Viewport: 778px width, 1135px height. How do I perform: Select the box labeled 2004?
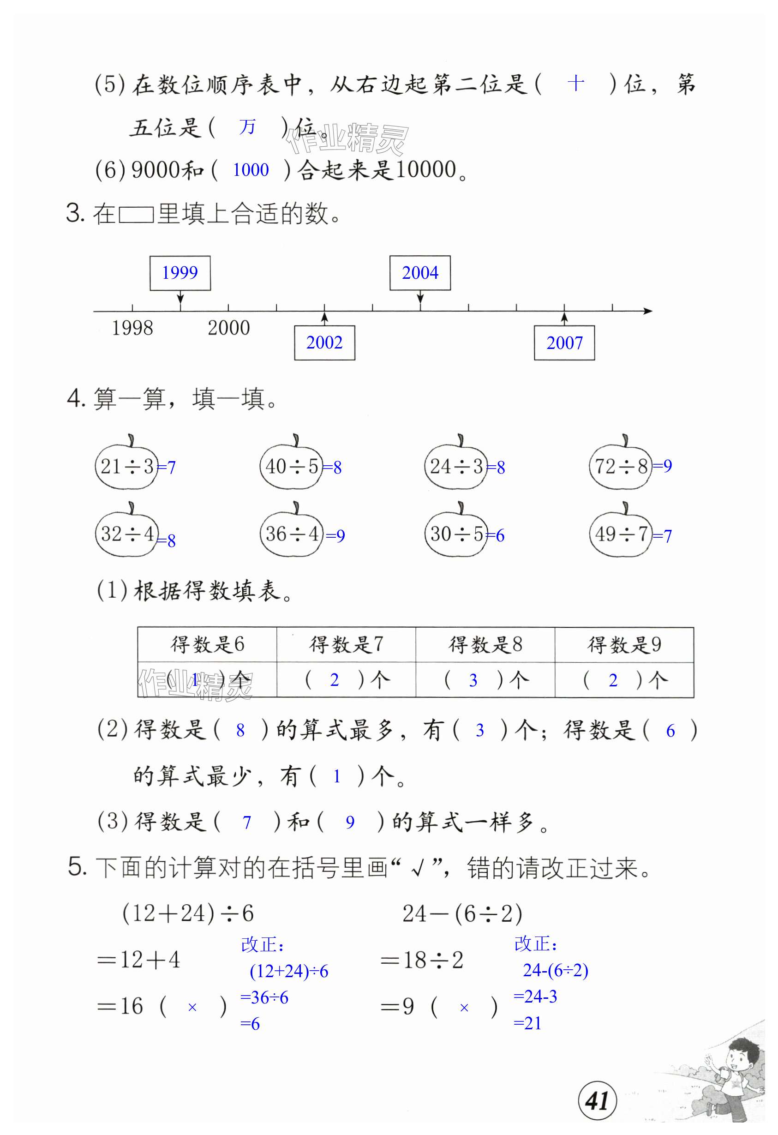click(419, 272)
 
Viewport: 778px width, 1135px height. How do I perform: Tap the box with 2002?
click(324, 343)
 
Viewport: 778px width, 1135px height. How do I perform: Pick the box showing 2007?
click(564, 343)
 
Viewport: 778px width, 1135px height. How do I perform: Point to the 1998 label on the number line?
click(132, 328)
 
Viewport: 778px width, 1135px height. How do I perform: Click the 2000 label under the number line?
click(228, 328)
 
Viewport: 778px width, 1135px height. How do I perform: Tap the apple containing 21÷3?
click(127, 466)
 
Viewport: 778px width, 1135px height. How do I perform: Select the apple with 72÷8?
click(621, 466)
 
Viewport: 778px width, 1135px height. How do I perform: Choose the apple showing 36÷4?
click(292, 534)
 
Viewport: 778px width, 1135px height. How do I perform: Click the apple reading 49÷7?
click(621, 534)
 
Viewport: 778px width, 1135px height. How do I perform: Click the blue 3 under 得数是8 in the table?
click(473, 680)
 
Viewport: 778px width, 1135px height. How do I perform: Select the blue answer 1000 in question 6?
click(251, 170)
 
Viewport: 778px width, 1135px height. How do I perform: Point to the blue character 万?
click(247, 127)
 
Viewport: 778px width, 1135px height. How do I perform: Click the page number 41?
click(597, 1101)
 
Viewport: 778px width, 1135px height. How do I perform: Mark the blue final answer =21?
click(527, 1023)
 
